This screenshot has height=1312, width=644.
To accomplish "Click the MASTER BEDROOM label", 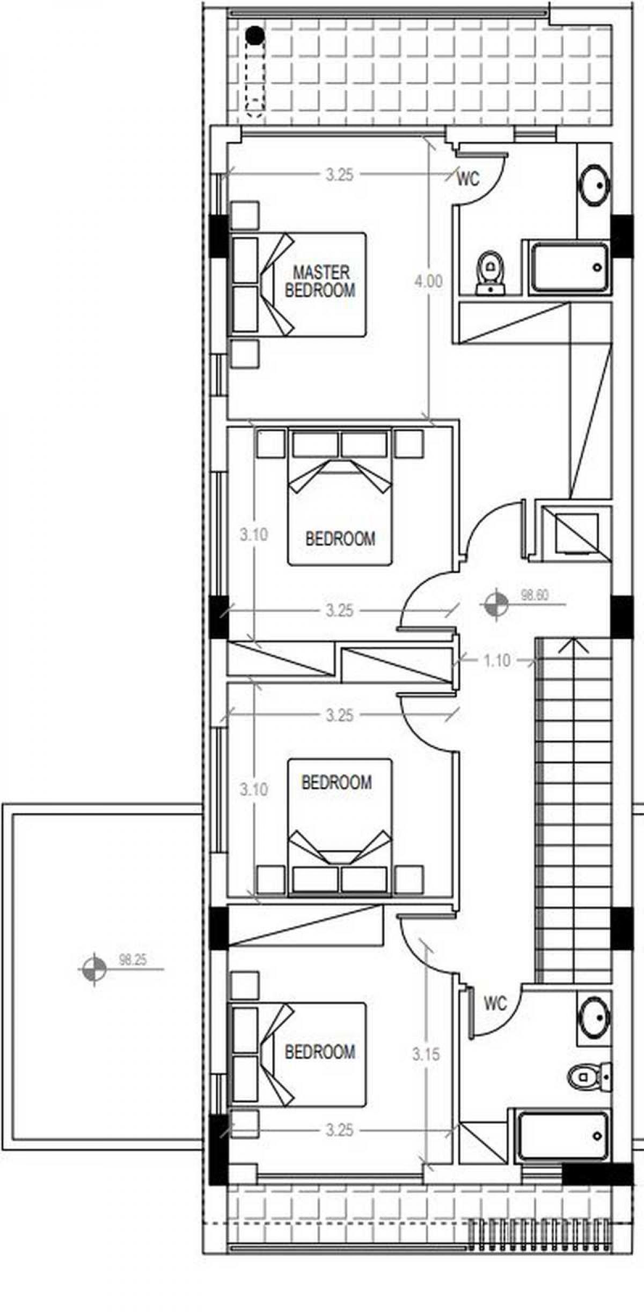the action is (x=320, y=281).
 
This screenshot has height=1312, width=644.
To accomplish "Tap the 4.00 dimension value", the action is (x=428, y=281).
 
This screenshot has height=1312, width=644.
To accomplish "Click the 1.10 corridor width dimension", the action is (x=496, y=661).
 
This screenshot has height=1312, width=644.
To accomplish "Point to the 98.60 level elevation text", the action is (x=535, y=595).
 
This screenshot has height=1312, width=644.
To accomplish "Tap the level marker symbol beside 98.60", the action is (x=495, y=605).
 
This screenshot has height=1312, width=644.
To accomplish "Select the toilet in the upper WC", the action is (x=490, y=273).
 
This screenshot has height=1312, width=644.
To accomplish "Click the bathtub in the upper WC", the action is (x=569, y=267).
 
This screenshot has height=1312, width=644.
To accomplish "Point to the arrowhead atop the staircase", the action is (x=574, y=644).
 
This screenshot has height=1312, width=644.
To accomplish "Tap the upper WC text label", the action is (x=468, y=179).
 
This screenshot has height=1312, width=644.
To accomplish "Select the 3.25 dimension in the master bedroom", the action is (x=339, y=175).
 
